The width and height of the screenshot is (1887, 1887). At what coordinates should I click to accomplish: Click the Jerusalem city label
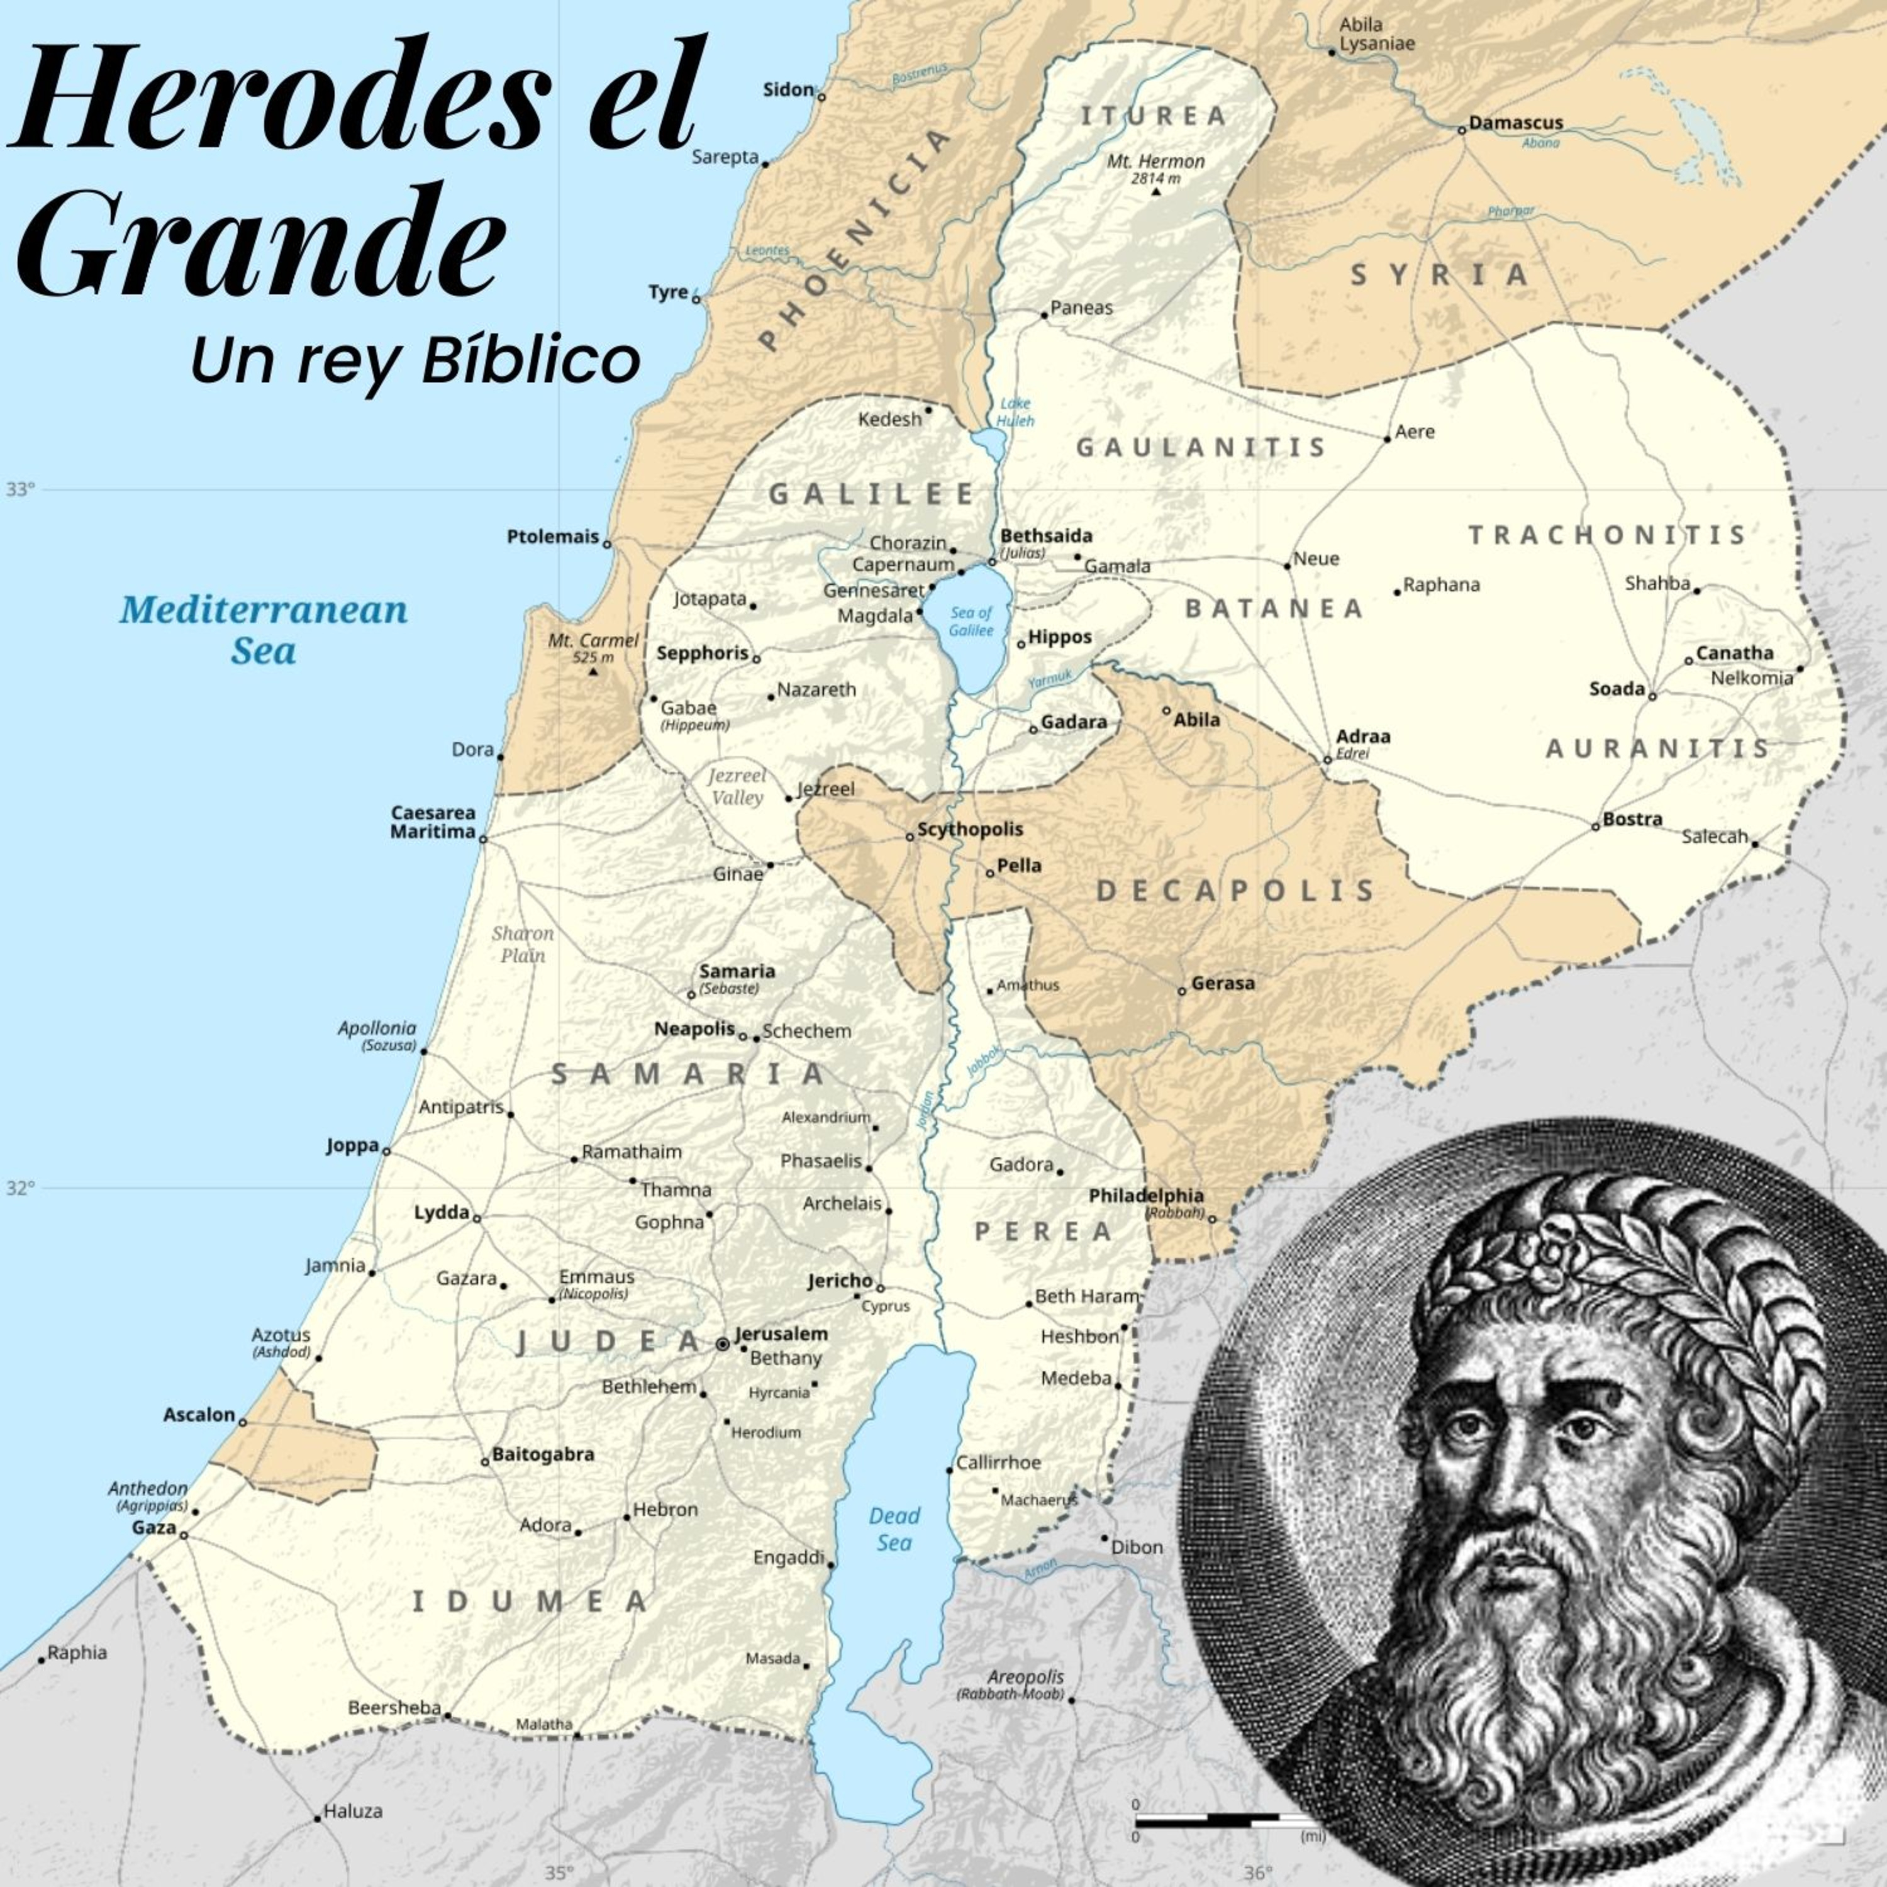pos(781,1333)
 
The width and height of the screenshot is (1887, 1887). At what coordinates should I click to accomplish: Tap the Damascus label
pos(1516,123)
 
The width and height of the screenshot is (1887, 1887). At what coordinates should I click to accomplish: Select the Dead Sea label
pos(894,1528)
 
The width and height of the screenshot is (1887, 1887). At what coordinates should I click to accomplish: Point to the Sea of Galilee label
pos(971,621)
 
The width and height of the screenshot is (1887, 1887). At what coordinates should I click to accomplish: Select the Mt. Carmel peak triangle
pos(593,671)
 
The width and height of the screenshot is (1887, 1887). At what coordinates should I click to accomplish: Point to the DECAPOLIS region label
pos(1235,891)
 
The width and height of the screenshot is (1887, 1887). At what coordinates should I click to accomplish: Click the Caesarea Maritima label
pos(433,821)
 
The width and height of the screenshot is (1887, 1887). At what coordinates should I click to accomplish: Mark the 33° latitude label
pos(19,488)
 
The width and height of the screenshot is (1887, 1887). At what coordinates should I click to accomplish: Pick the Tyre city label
pos(668,292)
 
